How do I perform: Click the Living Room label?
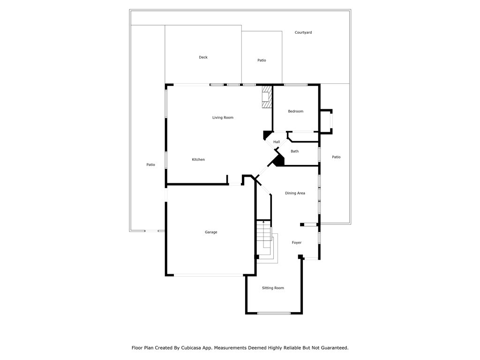[223, 118]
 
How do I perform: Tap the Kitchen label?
[198, 159]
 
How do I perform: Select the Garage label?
[211, 232]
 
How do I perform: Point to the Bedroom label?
[296, 111]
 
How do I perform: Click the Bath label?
[294, 151]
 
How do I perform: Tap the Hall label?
[277, 142]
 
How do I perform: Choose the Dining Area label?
[295, 193]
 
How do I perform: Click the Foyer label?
[297, 242]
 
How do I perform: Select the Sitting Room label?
[273, 288]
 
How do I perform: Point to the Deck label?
[203, 57]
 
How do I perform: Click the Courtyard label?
[303, 32]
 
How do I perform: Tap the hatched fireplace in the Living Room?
[267, 97]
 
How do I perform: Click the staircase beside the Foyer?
[264, 239]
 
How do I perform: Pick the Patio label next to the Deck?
[262, 60]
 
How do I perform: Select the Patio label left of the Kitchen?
[150, 165]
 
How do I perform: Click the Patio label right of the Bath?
[336, 157]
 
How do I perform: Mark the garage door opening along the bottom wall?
[209, 275]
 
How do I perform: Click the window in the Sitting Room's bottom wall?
[274, 313]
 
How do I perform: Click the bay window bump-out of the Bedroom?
[326, 121]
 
